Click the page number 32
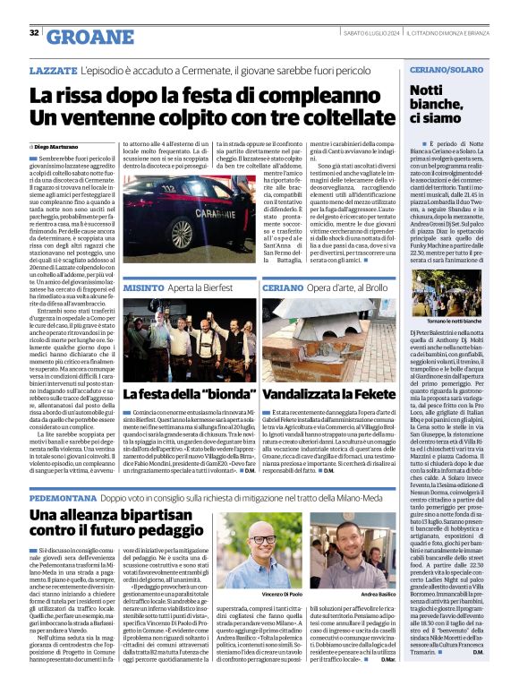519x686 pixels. coord(34,33)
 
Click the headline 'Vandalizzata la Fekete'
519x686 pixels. coord(328,395)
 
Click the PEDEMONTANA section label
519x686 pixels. coord(69,495)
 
